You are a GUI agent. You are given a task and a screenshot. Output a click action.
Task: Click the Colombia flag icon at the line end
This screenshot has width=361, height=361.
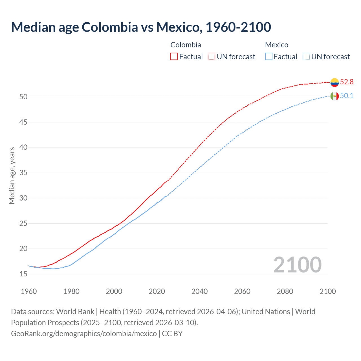click(x=334, y=82)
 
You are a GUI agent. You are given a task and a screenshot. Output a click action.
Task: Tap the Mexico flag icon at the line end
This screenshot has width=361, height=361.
click(x=334, y=96)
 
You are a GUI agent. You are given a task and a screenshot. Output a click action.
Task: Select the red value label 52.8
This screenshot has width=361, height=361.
click(x=347, y=82)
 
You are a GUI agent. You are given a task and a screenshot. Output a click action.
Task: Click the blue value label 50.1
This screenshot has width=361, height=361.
click(x=347, y=96)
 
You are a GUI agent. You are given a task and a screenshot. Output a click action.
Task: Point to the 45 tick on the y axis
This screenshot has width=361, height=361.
click(x=23, y=122)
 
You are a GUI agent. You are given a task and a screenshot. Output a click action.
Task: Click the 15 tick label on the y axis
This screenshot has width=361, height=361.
click(x=23, y=274)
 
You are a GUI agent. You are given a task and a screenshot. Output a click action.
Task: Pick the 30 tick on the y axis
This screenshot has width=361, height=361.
click(x=23, y=198)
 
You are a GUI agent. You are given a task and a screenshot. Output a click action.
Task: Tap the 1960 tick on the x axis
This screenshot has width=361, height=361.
click(x=29, y=291)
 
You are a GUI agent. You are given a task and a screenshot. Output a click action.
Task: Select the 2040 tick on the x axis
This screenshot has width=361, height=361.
click(x=199, y=291)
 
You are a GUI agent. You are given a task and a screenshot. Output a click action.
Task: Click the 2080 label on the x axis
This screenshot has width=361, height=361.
click(x=285, y=291)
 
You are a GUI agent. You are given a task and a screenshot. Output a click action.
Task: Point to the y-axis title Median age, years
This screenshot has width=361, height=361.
click(x=12, y=175)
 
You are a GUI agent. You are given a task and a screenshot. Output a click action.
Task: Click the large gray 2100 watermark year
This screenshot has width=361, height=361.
click(x=297, y=265)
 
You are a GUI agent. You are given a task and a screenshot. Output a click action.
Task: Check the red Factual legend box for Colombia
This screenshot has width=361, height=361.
click(x=174, y=57)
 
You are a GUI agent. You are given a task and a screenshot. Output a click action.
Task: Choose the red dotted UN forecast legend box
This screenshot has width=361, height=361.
click(x=212, y=57)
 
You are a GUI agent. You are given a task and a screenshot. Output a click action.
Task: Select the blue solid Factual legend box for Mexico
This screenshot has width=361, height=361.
click(x=269, y=57)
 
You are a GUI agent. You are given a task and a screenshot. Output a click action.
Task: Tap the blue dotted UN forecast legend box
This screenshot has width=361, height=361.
click(x=306, y=57)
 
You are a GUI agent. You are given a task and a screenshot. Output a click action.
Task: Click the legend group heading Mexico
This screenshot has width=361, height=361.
click(x=277, y=45)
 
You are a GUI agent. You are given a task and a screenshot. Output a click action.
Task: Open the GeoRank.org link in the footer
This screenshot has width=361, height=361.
click(x=84, y=334)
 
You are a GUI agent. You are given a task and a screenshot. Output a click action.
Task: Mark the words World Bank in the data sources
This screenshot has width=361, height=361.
click(x=75, y=312)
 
